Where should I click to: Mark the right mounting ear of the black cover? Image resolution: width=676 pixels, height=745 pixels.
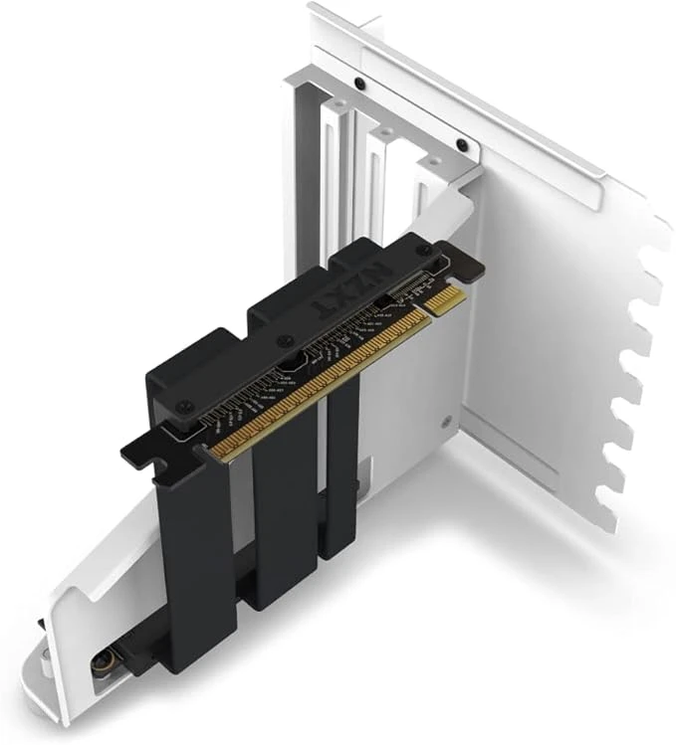click(468, 264)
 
